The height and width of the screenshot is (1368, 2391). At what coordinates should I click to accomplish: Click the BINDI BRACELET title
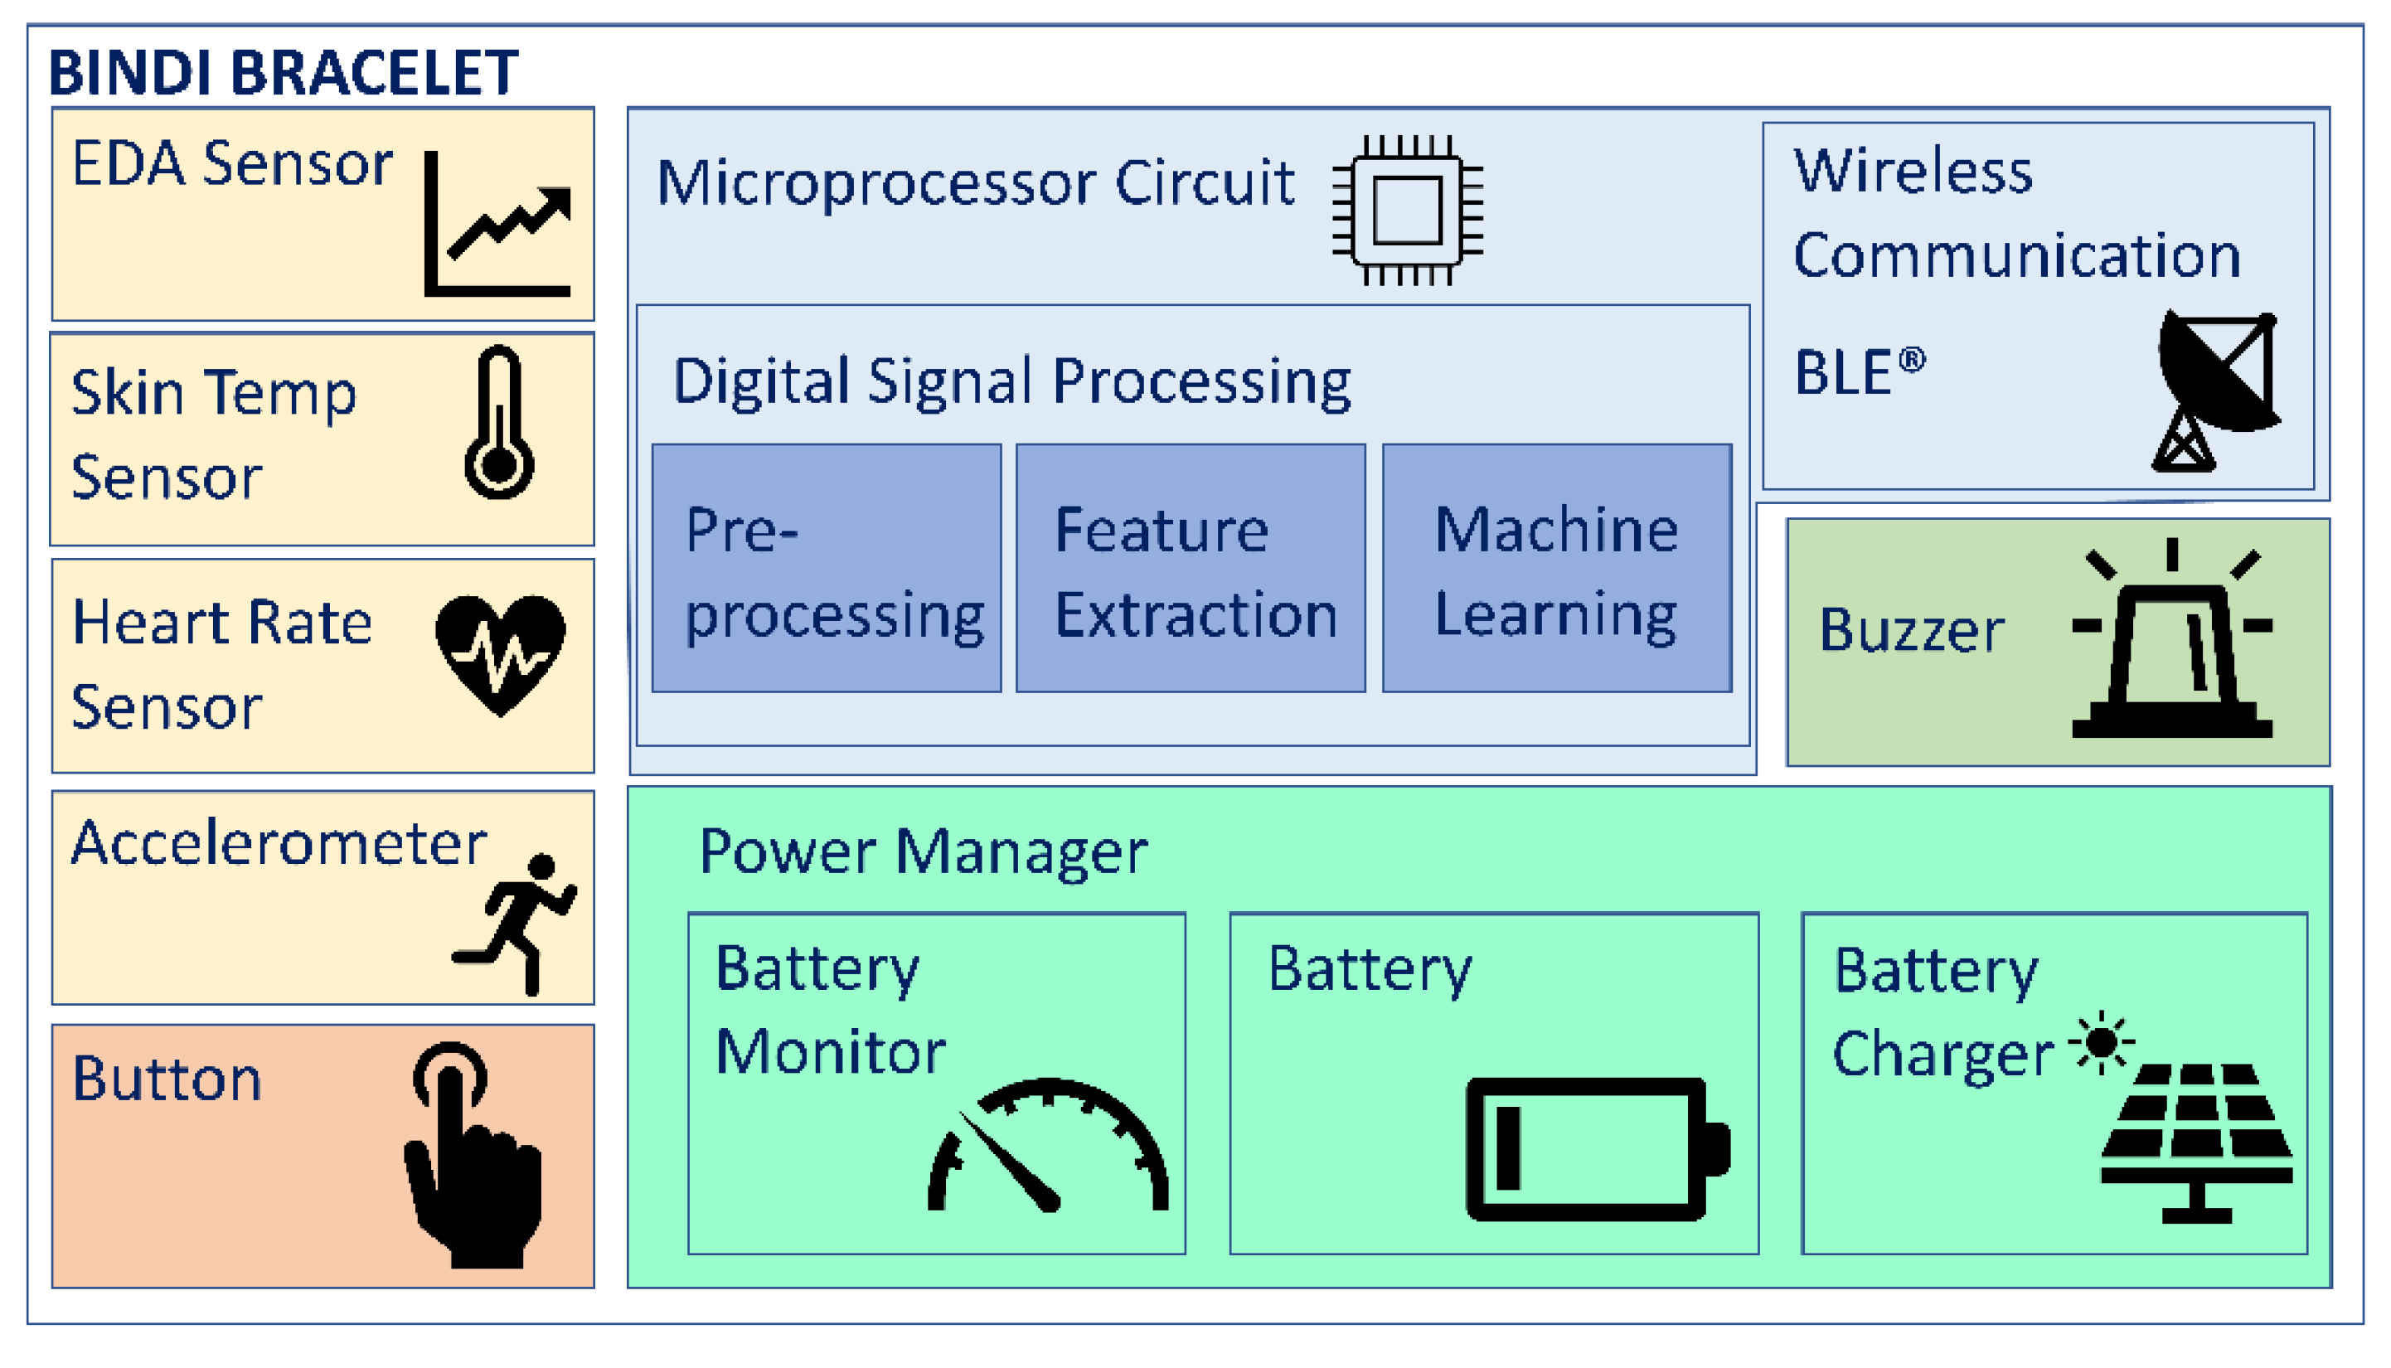point(283,72)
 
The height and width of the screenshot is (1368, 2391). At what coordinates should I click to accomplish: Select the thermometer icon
point(499,423)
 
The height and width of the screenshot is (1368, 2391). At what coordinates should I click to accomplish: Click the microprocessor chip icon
point(1408,211)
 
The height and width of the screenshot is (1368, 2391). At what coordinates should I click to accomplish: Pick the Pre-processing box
point(827,570)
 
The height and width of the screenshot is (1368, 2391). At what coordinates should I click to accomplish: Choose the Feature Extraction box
point(1191,570)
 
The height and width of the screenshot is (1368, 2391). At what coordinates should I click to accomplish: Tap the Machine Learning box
point(1557,570)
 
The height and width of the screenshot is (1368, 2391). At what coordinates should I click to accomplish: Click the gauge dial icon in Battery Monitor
point(1048,1148)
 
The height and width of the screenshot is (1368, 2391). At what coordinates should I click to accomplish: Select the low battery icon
point(1597,1150)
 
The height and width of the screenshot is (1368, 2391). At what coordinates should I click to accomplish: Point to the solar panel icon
point(2196,1142)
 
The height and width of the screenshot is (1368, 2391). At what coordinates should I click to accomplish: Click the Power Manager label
point(924,853)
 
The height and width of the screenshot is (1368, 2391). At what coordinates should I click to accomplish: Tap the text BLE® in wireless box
point(1858,372)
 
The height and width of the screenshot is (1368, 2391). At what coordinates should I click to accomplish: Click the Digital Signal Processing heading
point(1011,382)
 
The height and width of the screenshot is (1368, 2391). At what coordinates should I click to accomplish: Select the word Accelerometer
point(279,844)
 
